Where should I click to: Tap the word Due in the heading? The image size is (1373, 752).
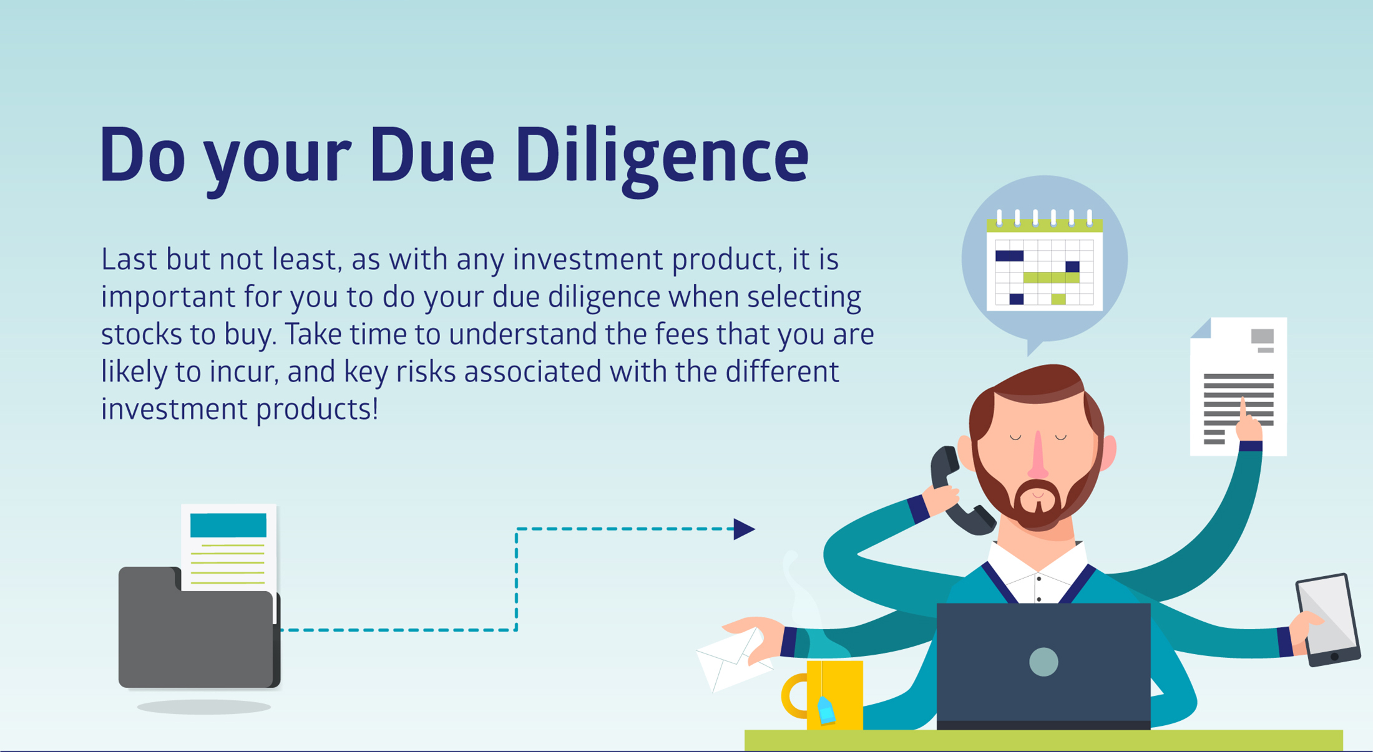432,155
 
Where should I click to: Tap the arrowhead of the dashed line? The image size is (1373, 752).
744,529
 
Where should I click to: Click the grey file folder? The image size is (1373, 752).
199,627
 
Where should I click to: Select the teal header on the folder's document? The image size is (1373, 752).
228,525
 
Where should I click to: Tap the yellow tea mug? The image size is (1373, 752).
823,695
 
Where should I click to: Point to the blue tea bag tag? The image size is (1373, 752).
826,710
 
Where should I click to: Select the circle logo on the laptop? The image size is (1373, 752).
1043,662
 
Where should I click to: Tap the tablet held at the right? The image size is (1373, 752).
1328,620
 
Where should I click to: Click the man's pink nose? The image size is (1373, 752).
1038,455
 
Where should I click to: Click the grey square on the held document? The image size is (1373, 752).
1262,337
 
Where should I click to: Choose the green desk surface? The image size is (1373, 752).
1043,740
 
